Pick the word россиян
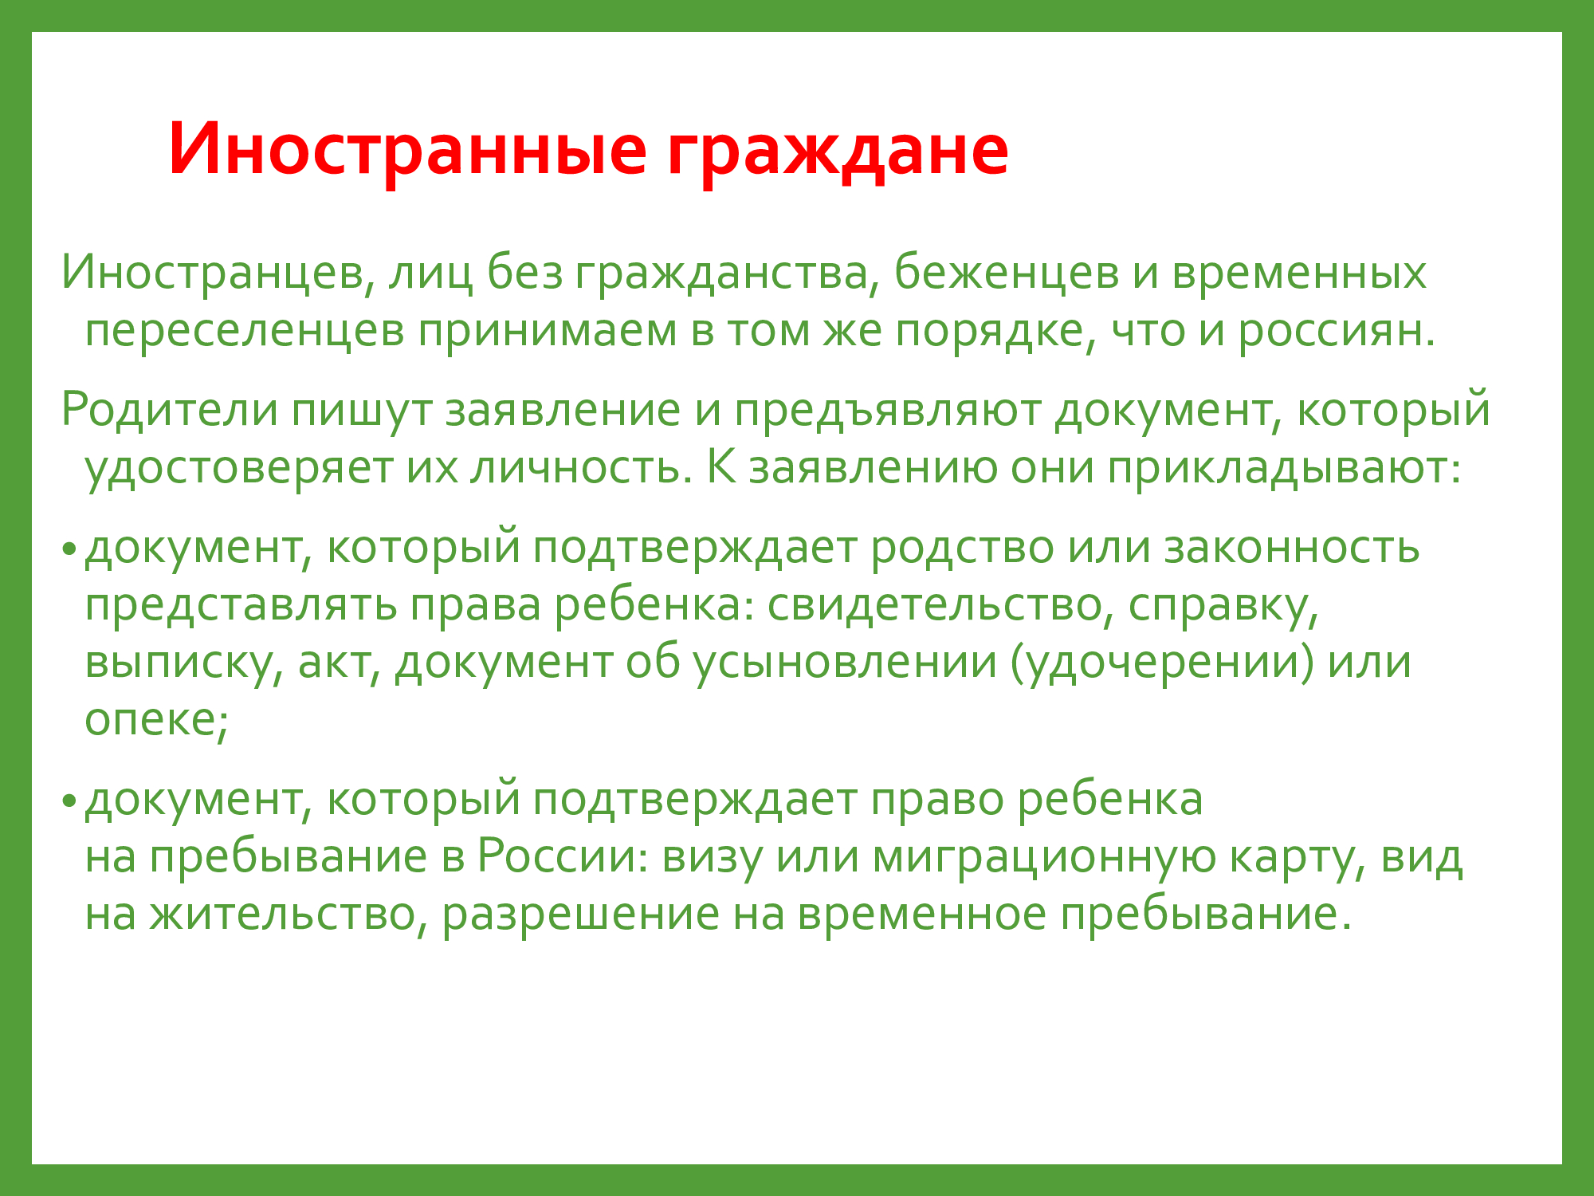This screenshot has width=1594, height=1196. (x=1336, y=332)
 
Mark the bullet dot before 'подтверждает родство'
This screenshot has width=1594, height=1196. (x=70, y=549)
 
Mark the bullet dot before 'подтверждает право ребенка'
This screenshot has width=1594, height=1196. (x=70, y=800)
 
